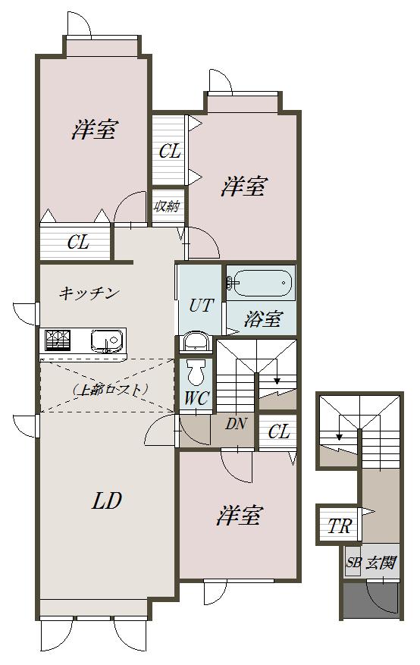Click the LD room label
point(107,501)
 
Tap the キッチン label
point(89,293)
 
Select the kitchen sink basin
point(106,340)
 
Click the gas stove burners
point(57,340)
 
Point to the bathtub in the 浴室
point(261,283)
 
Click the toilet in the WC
point(196,372)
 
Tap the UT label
point(199,305)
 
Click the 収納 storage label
point(167,206)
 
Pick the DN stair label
point(236,424)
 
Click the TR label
point(340,526)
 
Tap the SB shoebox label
point(353,563)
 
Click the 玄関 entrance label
point(381,563)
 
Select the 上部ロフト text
point(109,389)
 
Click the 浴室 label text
point(263,319)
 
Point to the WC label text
point(196,398)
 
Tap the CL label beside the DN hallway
point(279,431)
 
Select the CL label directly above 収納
point(170,151)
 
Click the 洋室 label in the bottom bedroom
point(240,515)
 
